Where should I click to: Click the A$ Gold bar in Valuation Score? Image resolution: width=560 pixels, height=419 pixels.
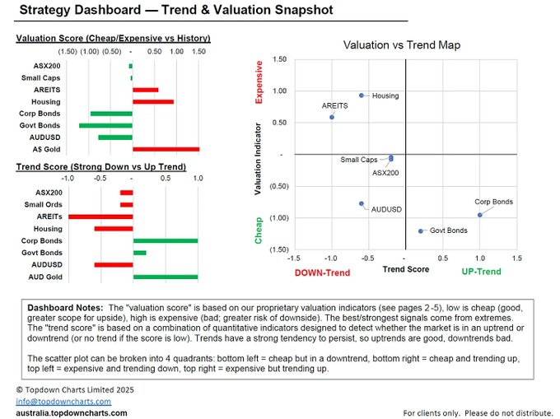pos(166,149)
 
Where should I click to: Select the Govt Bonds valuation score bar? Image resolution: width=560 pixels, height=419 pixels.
pos(105,125)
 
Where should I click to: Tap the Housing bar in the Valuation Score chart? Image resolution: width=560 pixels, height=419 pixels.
pos(153,102)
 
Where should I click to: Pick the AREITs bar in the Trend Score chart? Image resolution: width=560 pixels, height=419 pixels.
pos(100,216)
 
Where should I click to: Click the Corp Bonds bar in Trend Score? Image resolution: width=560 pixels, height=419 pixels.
pos(166,241)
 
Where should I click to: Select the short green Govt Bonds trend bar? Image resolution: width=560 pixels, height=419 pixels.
pos(140,253)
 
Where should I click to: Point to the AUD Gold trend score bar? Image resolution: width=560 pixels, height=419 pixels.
pos(166,277)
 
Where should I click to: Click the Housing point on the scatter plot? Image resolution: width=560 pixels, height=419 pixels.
pos(362,95)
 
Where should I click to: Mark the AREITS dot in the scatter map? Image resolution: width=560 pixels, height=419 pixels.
pos(332,117)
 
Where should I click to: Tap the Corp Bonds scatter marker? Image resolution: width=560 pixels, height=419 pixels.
pos(479,215)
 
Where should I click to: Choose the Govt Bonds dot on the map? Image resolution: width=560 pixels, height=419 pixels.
pos(421,231)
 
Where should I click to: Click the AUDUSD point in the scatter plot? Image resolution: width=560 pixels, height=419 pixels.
pos(362,204)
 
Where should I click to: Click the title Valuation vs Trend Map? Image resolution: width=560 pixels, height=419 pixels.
pos(402,45)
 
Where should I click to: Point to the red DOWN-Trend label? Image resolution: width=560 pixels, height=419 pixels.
pos(322,272)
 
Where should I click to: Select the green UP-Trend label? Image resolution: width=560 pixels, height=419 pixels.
pos(482,272)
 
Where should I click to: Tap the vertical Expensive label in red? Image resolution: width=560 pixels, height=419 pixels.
pos(259,82)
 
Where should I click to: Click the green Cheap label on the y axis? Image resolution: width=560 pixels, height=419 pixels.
pos(259,230)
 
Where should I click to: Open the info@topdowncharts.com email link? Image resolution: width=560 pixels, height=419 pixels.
pos(63,402)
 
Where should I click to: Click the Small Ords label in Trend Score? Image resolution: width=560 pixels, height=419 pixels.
pos(43,204)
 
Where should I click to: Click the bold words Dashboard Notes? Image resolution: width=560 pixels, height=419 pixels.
pos(65,308)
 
